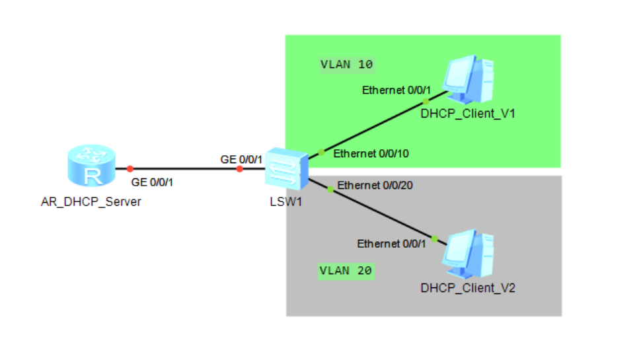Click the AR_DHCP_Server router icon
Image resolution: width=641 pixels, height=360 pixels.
coord(91,168)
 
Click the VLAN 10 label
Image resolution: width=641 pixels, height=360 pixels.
coord(346,64)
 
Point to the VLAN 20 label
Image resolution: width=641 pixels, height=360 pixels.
coord(346,271)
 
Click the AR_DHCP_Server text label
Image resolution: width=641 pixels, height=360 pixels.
coord(91,202)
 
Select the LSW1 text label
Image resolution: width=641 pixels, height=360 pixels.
coord(286,201)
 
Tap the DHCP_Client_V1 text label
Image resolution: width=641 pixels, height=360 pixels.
coord(468,114)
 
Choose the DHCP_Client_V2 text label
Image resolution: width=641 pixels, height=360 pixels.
coord(468,288)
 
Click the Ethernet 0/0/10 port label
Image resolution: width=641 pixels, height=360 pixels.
coord(371,154)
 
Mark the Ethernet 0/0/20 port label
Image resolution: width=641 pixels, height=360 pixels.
coord(375,186)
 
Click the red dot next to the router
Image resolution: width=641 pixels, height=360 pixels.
coord(130,168)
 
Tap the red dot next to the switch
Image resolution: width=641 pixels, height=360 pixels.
coord(239,169)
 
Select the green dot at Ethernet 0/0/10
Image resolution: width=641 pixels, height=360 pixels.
coord(321,153)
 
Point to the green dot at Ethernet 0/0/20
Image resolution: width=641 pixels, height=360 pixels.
coord(330,189)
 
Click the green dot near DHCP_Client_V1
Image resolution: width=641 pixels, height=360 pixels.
coord(426,102)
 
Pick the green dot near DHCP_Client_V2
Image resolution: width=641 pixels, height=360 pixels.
coord(435,239)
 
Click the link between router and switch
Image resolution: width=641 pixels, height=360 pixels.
coord(185,168)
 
